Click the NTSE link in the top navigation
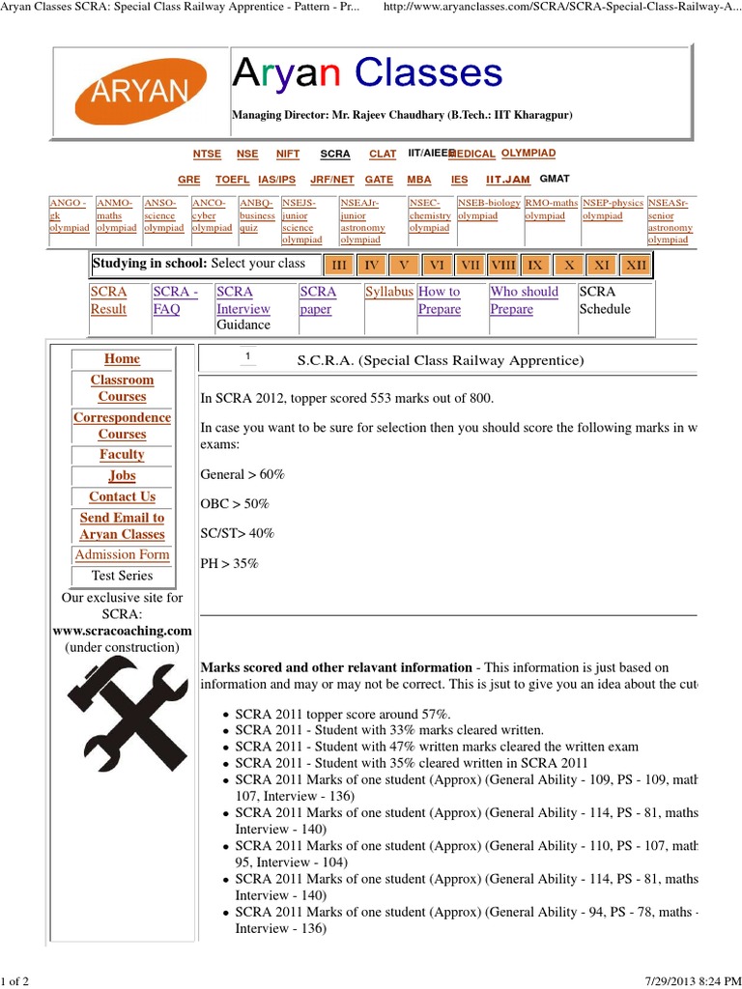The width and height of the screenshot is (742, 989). coord(207,154)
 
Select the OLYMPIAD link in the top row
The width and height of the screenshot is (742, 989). coord(528,154)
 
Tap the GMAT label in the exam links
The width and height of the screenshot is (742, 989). coord(555,179)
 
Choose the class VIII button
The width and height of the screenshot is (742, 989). coord(502,265)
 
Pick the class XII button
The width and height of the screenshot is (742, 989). coord(635,265)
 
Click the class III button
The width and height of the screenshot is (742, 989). coord(338,265)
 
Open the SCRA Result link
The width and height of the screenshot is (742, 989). coord(108,300)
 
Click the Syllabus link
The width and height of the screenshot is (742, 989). coord(389,292)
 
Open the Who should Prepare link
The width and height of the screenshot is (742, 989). coord(524,300)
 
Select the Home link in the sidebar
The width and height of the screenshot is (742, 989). coord(122,358)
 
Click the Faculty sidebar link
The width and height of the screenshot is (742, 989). coord(122,454)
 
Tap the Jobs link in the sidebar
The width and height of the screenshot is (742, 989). coord(122,475)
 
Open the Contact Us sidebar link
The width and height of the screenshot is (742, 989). coord(122,496)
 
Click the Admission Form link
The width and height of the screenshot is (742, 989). coord(122,554)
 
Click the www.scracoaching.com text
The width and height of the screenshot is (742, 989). coord(122,631)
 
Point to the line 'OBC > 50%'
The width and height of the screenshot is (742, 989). coord(235,504)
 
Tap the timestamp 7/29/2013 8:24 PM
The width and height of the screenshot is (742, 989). coord(688,981)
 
